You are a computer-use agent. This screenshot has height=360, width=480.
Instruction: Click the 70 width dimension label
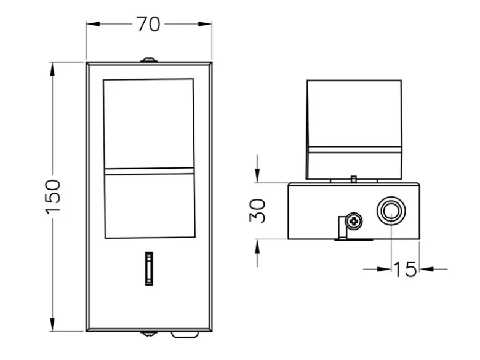click(x=148, y=24)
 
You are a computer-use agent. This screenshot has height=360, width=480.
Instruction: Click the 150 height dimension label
click(x=53, y=196)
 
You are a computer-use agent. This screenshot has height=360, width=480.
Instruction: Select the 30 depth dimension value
click(x=257, y=210)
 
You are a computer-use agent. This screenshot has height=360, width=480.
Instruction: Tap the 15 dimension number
click(x=405, y=270)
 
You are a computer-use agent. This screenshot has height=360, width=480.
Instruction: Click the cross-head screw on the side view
click(x=354, y=220)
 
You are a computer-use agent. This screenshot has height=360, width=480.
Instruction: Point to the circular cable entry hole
click(x=391, y=211)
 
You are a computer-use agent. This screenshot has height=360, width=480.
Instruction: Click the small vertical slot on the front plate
click(x=149, y=268)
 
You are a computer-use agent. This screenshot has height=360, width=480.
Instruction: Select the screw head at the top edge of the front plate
click(x=149, y=60)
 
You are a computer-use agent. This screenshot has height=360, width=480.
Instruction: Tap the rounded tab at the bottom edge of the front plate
click(x=185, y=335)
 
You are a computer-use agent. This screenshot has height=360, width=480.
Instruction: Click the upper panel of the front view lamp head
click(x=149, y=124)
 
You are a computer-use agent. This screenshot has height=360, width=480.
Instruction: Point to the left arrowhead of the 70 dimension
click(x=93, y=24)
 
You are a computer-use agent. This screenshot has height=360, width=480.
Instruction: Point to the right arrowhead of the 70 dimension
click(x=205, y=24)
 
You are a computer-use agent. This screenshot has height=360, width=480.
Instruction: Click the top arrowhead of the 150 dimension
click(x=53, y=69)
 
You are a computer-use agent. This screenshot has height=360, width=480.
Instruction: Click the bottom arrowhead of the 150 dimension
click(x=53, y=324)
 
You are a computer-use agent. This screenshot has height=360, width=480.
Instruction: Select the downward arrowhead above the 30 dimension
click(x=257, y=175)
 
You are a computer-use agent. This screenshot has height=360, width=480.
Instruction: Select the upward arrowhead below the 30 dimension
click(x=257, y=246)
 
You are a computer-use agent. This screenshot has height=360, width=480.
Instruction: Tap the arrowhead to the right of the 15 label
click(x=426, y=270)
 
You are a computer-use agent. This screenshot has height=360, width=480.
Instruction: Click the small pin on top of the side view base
click(x=354, y=179)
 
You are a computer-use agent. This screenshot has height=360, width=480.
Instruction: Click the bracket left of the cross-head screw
click(x=342, y=228)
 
